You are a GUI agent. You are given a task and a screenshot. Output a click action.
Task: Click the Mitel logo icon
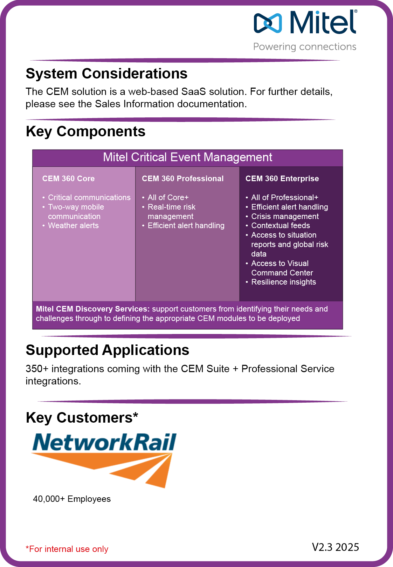[x=268, y=23]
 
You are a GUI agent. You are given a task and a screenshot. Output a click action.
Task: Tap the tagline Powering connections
[x=304, y=47]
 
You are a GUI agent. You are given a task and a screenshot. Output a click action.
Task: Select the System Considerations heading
[x=106, y=74]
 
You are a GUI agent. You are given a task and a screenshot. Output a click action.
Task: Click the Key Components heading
[x=85, y=131]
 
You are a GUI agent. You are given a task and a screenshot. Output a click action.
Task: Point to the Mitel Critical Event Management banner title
[x=187, y=157]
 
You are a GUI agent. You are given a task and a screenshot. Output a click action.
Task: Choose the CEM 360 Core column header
[x=68, y=178]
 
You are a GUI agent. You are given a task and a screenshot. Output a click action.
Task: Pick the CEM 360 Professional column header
[x=182, y=178]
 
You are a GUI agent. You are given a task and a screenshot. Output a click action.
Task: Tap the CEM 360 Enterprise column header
[x=282, y=178]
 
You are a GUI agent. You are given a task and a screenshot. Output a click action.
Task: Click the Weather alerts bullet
[x=73, y=226]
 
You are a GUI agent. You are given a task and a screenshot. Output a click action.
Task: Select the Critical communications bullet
[x=89, y=198]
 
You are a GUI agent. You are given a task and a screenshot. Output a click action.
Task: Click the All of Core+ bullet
[x=168, y=198]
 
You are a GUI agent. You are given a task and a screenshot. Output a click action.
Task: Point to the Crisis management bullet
[x=285, y=217]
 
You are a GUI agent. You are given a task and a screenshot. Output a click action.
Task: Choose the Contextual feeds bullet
[x=281, y=226]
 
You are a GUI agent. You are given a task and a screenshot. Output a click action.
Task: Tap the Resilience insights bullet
[x=283, y=282]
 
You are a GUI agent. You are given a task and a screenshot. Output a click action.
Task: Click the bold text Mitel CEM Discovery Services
[x=93, y=309]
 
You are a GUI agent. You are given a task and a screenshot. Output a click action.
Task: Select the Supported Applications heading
[x=108, y=350]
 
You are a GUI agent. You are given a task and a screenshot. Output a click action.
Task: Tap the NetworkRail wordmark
[x=104, y=442]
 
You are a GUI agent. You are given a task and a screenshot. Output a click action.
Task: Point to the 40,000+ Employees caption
[x=72, y=499]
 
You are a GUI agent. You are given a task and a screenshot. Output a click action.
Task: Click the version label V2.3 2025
[x=335, y=547]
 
